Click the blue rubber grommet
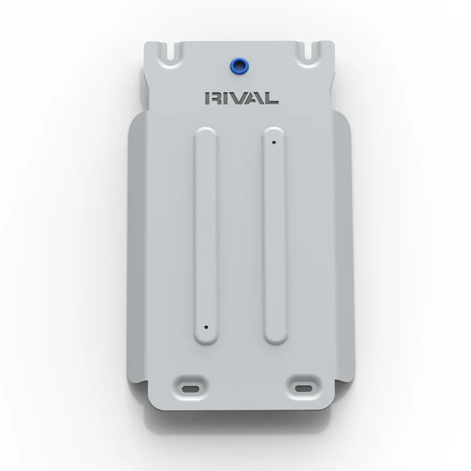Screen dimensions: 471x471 [x=239, y=66]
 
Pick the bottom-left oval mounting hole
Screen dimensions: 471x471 [x=191, y=389]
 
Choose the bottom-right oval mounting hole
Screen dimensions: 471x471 [x=304, y=388]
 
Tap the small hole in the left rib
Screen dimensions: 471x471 [x=206, y=327]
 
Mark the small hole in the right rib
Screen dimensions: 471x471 [x=273, y=143]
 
